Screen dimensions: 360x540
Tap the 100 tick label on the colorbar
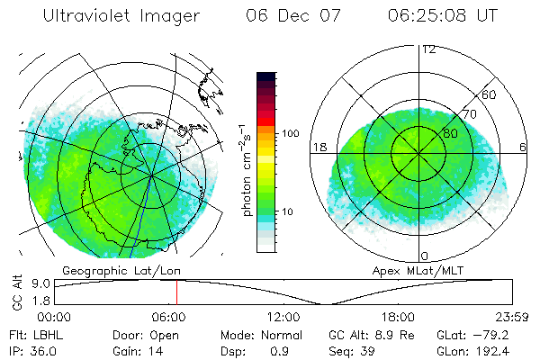point(290,133)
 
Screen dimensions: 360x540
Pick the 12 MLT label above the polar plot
point(428,49)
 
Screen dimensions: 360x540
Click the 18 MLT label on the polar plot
point(318,146)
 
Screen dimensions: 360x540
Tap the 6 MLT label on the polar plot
point(523,146)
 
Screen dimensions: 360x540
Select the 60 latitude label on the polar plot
point(490,94)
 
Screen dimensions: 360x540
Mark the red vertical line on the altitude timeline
point(176,291)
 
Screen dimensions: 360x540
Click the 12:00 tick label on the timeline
point(283,317)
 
